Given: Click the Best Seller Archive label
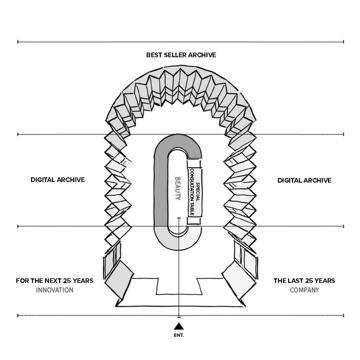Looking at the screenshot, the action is coord(181,55).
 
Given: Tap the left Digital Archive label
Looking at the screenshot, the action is coord(57,180).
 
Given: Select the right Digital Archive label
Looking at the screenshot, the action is coord(304,181).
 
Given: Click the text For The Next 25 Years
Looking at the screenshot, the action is coord(55,281).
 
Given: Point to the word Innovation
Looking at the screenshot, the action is coord(55,290).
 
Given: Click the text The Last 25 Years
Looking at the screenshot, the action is coord(304,281).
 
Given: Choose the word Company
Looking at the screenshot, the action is coord(304,290).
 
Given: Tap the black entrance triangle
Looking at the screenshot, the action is coord(179,326).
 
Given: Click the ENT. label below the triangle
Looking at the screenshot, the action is coord(179,335).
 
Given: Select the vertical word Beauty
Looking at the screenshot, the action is coord(178,188).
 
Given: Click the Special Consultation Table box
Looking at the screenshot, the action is coord(195,192).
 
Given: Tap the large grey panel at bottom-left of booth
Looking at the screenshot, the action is coord(119,280).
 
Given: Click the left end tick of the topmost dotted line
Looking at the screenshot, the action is coord(18,42).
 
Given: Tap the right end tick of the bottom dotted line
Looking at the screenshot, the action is coord(344,316).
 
